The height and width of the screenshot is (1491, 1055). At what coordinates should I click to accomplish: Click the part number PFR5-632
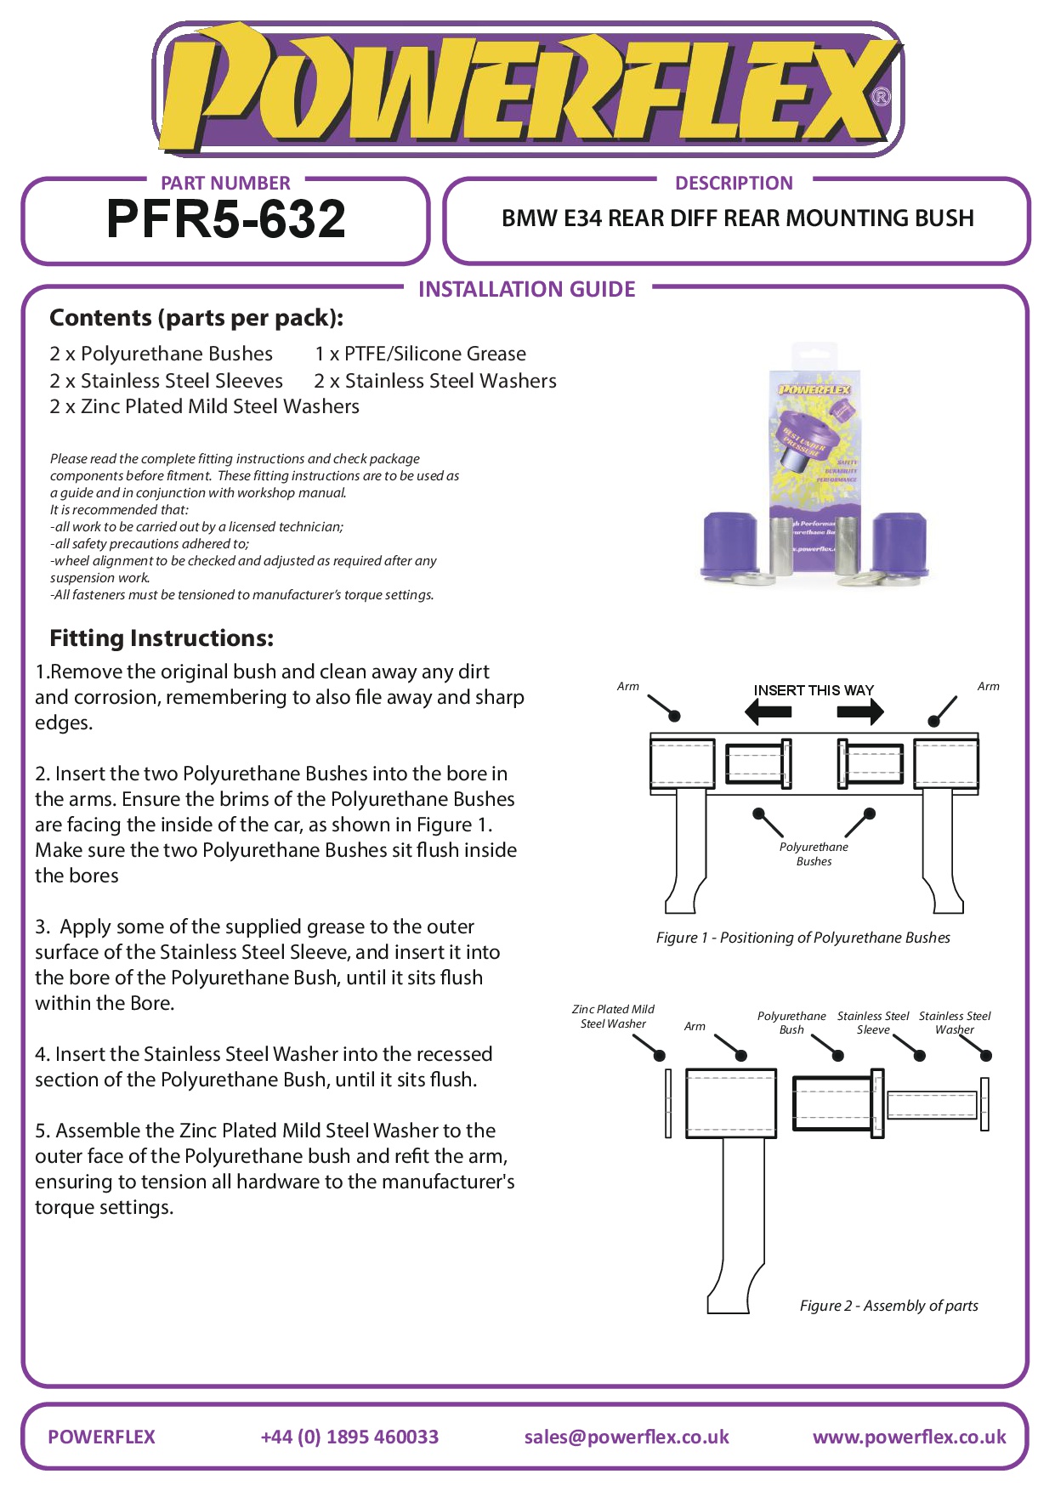click(x=226, y=219)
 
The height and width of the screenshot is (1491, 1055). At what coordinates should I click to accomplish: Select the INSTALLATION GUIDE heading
click(x=526, y=290)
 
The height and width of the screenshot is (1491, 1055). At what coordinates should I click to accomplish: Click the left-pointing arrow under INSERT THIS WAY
click(x=768, y=711)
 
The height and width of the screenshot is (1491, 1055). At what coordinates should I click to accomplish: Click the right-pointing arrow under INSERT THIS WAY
click(x=860, y=711)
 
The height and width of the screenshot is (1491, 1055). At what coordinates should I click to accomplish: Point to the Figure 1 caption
click(x=803, y=938)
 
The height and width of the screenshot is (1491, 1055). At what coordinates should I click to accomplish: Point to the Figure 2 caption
click(x=888, y=1306)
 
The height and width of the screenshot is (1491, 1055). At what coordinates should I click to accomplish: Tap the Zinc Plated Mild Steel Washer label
click(x=613, y=1017)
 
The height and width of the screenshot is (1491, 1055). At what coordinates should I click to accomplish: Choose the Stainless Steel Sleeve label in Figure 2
click(x=873, y=1023)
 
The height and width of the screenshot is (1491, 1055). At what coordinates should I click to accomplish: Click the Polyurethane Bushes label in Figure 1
click(x=814, y=854)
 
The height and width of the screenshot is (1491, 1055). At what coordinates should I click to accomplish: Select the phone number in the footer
click(x=349, y=1437)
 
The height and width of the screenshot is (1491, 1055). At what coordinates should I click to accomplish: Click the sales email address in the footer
click(x=627, y=1437)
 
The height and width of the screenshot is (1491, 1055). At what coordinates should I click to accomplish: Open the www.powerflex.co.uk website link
click(x=909, y=1437)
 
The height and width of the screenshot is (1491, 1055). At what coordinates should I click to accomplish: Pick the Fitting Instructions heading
click(x=162, y=638)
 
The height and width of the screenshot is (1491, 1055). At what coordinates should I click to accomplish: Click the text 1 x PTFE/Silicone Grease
click(x=420, y=354)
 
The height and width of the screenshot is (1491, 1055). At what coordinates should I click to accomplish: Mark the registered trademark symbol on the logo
click(x=882, y=97)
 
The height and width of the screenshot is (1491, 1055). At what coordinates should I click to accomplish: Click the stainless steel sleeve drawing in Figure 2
click(x=931, y=1104)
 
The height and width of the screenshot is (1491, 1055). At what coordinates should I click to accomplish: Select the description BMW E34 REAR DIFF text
click(x=737, y=218)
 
